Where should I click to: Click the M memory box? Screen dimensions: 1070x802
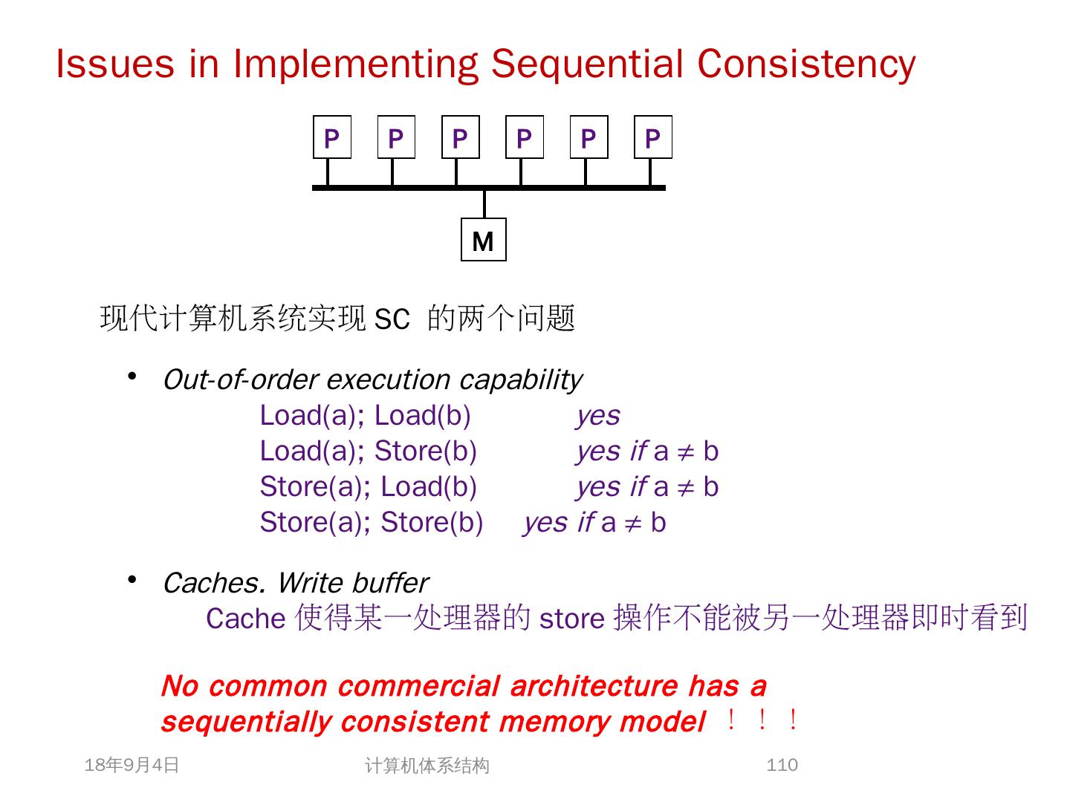[x=483, y=240]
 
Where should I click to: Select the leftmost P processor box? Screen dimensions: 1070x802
[x=331, y=137]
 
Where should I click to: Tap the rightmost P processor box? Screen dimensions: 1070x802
[x=652, y=137]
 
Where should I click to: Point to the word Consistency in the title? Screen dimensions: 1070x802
[x=805, y=64]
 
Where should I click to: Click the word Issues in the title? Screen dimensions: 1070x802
[x=114, y=64]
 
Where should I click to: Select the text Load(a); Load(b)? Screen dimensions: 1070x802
[x=365, y=416]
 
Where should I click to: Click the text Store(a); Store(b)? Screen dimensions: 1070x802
[x=371, y=523]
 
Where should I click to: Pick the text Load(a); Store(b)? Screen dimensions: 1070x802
[x=368, y=451]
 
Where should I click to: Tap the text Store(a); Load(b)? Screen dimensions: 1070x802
[x=368, y=487]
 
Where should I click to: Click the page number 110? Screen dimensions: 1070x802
[x=782, y=765]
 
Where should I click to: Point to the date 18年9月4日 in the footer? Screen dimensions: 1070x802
[x=132, y=765]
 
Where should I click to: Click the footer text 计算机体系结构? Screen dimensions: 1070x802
[x=427, y=766]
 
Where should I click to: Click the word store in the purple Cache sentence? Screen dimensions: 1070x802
[x=571, y=619]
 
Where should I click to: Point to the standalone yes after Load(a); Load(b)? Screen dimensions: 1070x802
[x=598, y=416]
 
